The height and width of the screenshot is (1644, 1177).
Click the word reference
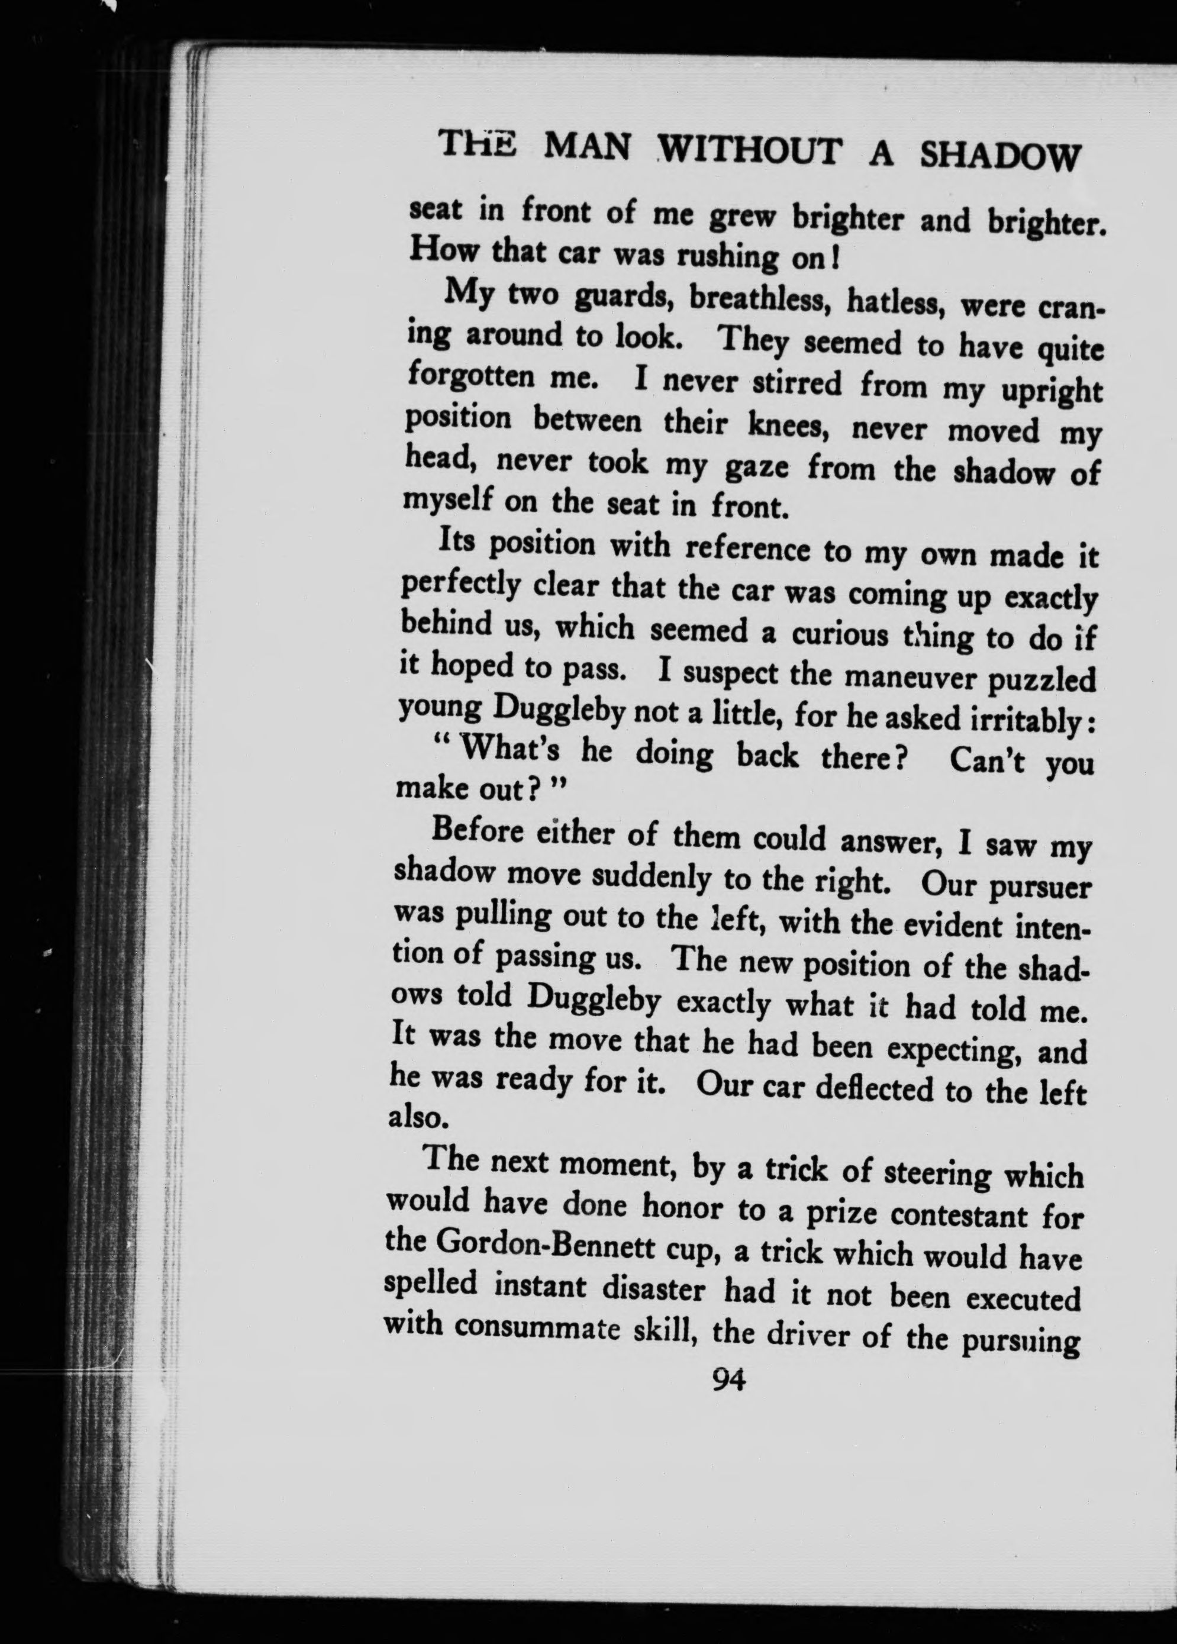750,549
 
